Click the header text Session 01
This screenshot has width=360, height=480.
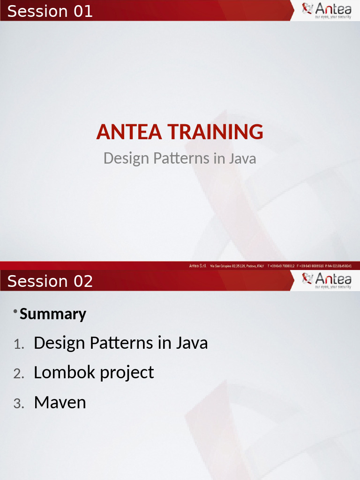50,11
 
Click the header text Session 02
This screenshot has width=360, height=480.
50,281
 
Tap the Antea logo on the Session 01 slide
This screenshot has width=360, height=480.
327,10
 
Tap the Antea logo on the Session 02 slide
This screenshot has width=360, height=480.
327,280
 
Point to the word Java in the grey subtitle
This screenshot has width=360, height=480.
242,158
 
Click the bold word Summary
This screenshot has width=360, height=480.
53,314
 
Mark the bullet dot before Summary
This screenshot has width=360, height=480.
15,312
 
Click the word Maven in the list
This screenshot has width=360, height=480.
60,403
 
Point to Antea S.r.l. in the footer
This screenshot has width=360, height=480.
198,266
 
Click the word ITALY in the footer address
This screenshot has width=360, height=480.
260,266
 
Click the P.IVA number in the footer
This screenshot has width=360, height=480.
338,266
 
